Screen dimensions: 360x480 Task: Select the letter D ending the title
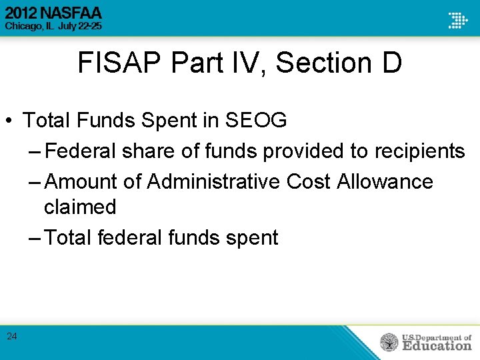[x=391, y=63]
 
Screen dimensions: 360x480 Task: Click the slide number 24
[x=12, y=336]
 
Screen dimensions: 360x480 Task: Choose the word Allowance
[x=385, y=181]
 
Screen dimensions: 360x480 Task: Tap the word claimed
[x=80, y=207]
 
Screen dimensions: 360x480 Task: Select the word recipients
[x=415, y=151]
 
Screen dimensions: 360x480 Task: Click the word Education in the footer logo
[x=437, y=345]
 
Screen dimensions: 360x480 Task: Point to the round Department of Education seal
[x=389, y=342]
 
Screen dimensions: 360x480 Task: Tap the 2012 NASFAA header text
[x=54, y=13]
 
